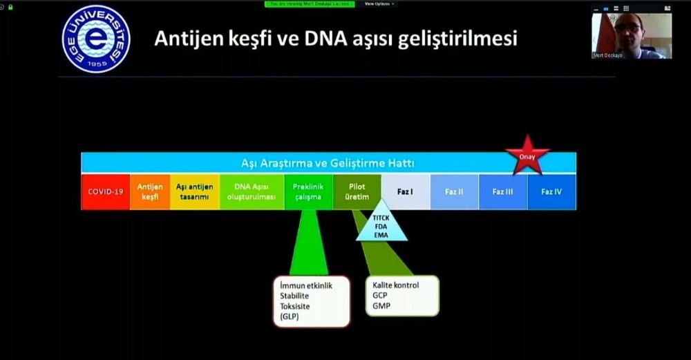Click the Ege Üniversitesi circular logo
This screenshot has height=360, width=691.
(95, 39)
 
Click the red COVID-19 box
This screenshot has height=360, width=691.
(106, 191)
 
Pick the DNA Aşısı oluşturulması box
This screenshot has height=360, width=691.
(252, 191)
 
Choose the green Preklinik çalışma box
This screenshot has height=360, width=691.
(307, 191)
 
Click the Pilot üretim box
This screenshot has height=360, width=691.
(357, 191)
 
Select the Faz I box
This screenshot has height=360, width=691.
(406, 191)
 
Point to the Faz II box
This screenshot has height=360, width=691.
(454, 191)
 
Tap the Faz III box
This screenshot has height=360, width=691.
(502, 191)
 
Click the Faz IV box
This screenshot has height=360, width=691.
(551, 191)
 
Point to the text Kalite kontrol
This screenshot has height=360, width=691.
(396, 285)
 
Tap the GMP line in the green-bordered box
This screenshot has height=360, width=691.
(381, 305)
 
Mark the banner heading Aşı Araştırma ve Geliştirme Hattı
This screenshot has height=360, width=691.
(328, 163)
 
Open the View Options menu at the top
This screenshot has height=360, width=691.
(379, 3)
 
